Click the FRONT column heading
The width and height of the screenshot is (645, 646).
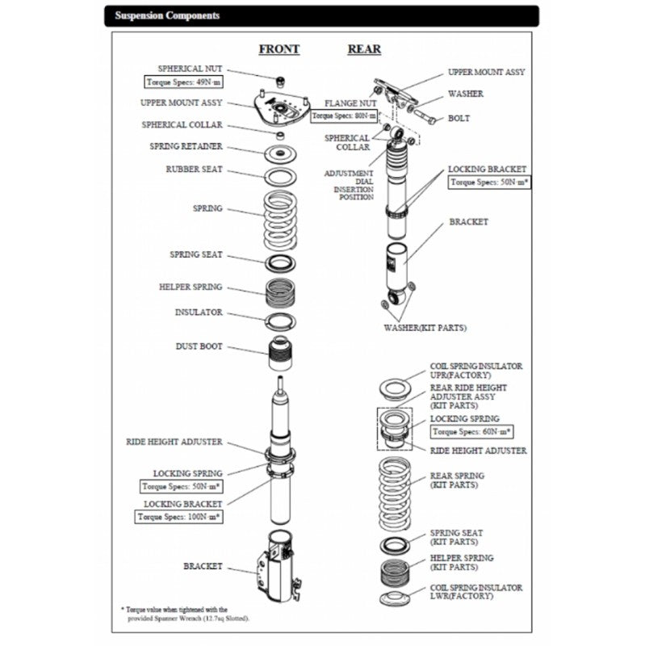pos(279,49)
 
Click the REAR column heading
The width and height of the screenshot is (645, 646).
pos(364,49)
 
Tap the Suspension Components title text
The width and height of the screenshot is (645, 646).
pos(166,15)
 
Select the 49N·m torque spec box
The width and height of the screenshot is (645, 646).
pos(183,82)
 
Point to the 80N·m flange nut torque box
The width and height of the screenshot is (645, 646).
pos(344,116)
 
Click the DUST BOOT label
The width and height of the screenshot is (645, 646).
pos(199,347)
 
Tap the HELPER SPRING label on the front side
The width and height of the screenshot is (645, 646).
pos(191,287)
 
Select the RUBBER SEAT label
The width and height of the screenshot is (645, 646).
pos(194,170)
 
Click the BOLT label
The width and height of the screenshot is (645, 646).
pos(459,119)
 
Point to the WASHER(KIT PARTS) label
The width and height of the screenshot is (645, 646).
pos(425,328)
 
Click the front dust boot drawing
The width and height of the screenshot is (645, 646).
pos(280,351)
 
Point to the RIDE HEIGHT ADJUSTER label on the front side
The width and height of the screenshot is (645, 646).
pos(174,443)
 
